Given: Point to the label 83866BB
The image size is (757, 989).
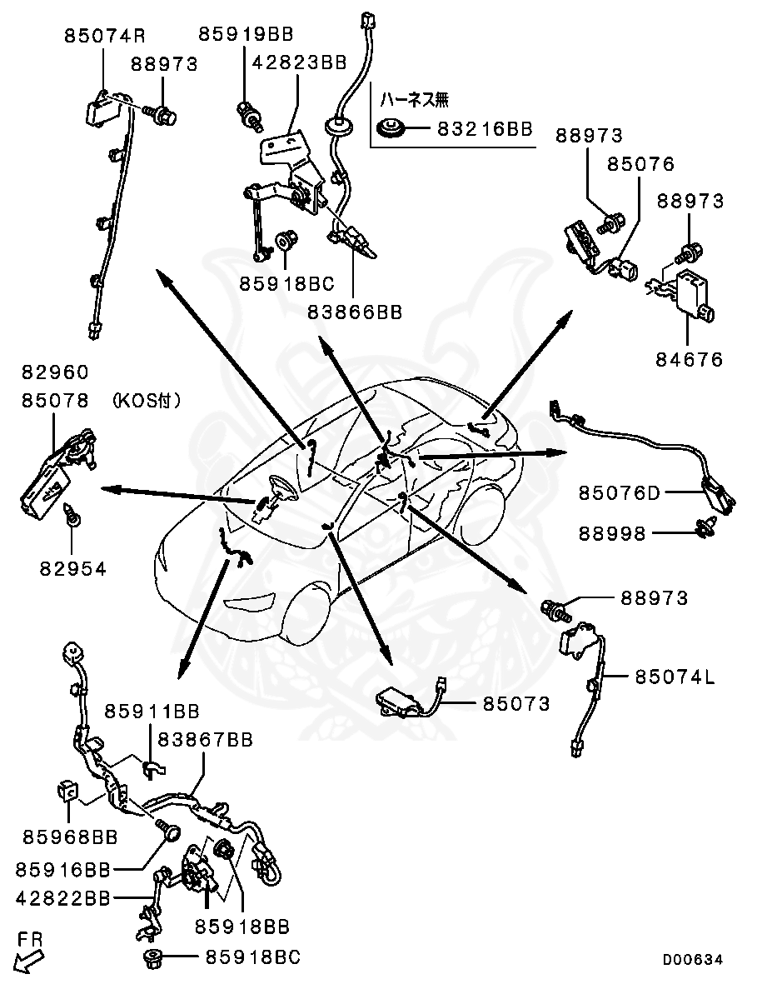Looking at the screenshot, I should tap(356, 312).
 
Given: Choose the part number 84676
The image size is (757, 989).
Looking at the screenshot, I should tap(689, 360).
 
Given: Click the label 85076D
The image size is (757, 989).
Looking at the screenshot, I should tap(620, 493).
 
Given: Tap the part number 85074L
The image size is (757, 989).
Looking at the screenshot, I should tap(675, 677).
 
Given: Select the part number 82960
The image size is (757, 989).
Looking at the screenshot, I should tap(55, 372).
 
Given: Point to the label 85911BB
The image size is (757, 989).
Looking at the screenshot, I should tap(152, 711).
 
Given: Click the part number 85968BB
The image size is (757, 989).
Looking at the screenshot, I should tap(70, 836).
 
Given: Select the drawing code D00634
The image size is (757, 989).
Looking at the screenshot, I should tap(693, 960).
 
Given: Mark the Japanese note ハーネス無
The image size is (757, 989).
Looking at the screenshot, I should tap(414, 100).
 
